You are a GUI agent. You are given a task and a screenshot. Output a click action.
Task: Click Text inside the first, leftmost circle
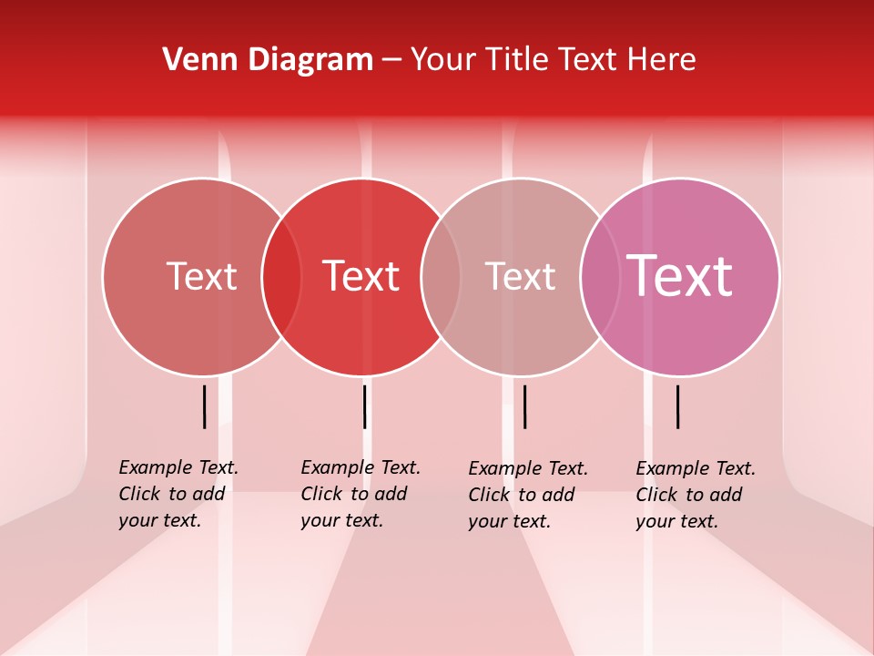[201, 276]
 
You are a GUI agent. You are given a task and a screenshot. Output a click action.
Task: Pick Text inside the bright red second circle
[361, 276]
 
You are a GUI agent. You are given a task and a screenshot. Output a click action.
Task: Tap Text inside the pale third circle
[520, 276]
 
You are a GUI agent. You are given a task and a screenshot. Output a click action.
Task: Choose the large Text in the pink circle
[679, 275]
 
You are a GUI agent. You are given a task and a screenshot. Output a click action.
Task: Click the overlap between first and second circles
[281, 277]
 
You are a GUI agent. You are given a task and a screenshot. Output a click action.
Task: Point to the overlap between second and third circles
[441, 277]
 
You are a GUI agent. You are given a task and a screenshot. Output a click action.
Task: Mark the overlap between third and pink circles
[600, 277]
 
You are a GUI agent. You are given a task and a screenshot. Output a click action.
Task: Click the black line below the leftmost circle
[205, 406]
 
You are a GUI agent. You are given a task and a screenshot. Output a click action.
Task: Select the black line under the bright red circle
[365, 406]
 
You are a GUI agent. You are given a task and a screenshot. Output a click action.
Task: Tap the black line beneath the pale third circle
[525, 406]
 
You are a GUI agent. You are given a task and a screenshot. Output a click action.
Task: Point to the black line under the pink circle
[678, 406]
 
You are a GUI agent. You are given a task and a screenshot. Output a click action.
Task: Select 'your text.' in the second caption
[341, 520]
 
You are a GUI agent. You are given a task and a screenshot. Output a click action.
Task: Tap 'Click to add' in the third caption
[522, 495]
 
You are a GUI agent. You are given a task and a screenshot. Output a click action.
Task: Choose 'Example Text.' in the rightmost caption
[696, 468]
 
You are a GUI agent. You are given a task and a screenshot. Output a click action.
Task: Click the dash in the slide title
[391, 61]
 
